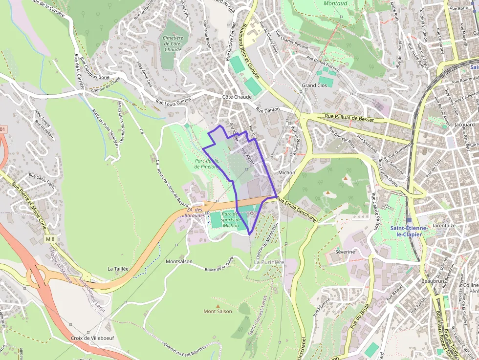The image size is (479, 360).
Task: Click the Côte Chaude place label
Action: coord(237,97)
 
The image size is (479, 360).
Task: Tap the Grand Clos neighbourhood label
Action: coord(314,85)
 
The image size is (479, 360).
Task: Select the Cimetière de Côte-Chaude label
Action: coord(173,44)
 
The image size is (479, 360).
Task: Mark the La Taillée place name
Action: coord(118,269)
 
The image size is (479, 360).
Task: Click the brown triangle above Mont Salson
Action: coord(218,306)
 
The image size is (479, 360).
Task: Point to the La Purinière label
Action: coord(269,262)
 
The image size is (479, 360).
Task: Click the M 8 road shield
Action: coord(50,239)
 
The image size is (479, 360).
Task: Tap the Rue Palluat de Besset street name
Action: coord(349,119)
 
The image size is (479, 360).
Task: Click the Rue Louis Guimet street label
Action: coord(173,101)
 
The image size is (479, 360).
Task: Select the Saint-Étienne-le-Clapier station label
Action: coord(409,231)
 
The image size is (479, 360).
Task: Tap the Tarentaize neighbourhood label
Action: coord(444,226)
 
